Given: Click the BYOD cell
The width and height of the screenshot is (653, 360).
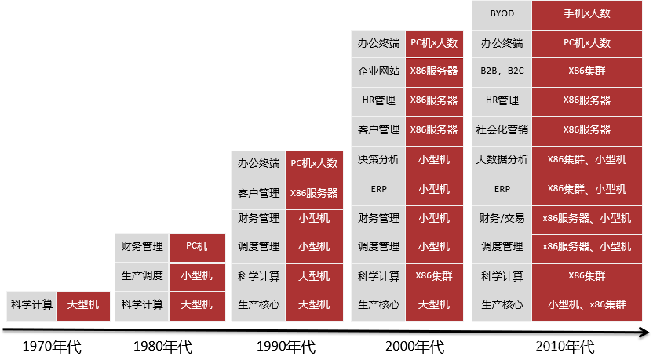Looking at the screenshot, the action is click(x=502, y=14).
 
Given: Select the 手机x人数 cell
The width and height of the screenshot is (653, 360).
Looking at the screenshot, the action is click(x=586, y=14).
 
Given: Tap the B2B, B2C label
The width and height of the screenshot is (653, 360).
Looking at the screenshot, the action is click(x=502, y=71).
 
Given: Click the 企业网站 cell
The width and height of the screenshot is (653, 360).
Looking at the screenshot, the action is click(x=378, y=71).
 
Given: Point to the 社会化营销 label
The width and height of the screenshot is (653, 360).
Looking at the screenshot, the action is click(x=502, y=130).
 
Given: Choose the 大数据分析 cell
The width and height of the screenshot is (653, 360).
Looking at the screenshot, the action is click(x=502, y=160).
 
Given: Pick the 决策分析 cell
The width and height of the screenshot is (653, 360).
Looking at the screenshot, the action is click(x=378, y=160).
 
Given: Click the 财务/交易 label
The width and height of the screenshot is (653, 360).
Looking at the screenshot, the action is click(x=502, y=219).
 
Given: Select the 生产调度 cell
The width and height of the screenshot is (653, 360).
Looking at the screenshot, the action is click(x=142, y=276).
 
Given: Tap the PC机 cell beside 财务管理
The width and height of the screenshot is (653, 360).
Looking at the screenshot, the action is click(x=197, y=247).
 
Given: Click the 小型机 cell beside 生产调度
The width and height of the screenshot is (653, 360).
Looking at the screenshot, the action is click(x=197, y=276).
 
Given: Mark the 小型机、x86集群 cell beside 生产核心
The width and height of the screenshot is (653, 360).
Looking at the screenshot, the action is click(x=586, y=305).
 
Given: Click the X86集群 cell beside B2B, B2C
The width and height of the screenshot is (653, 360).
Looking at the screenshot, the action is click(x=586, y=71).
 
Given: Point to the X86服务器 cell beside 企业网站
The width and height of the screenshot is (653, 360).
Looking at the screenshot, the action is click(x=434, y=71).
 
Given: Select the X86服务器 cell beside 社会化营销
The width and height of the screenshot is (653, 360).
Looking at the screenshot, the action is click(x=586, y=130).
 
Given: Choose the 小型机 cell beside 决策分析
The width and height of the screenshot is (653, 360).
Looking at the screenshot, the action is click(x=434, y=160).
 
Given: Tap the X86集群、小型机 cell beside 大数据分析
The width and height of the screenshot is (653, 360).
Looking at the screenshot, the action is click(x=586, y=160).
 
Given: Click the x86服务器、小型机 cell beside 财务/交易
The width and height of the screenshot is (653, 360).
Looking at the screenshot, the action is click(x=586, y=219).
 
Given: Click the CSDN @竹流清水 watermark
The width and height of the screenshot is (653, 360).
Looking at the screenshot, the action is click(x=586, y=345).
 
